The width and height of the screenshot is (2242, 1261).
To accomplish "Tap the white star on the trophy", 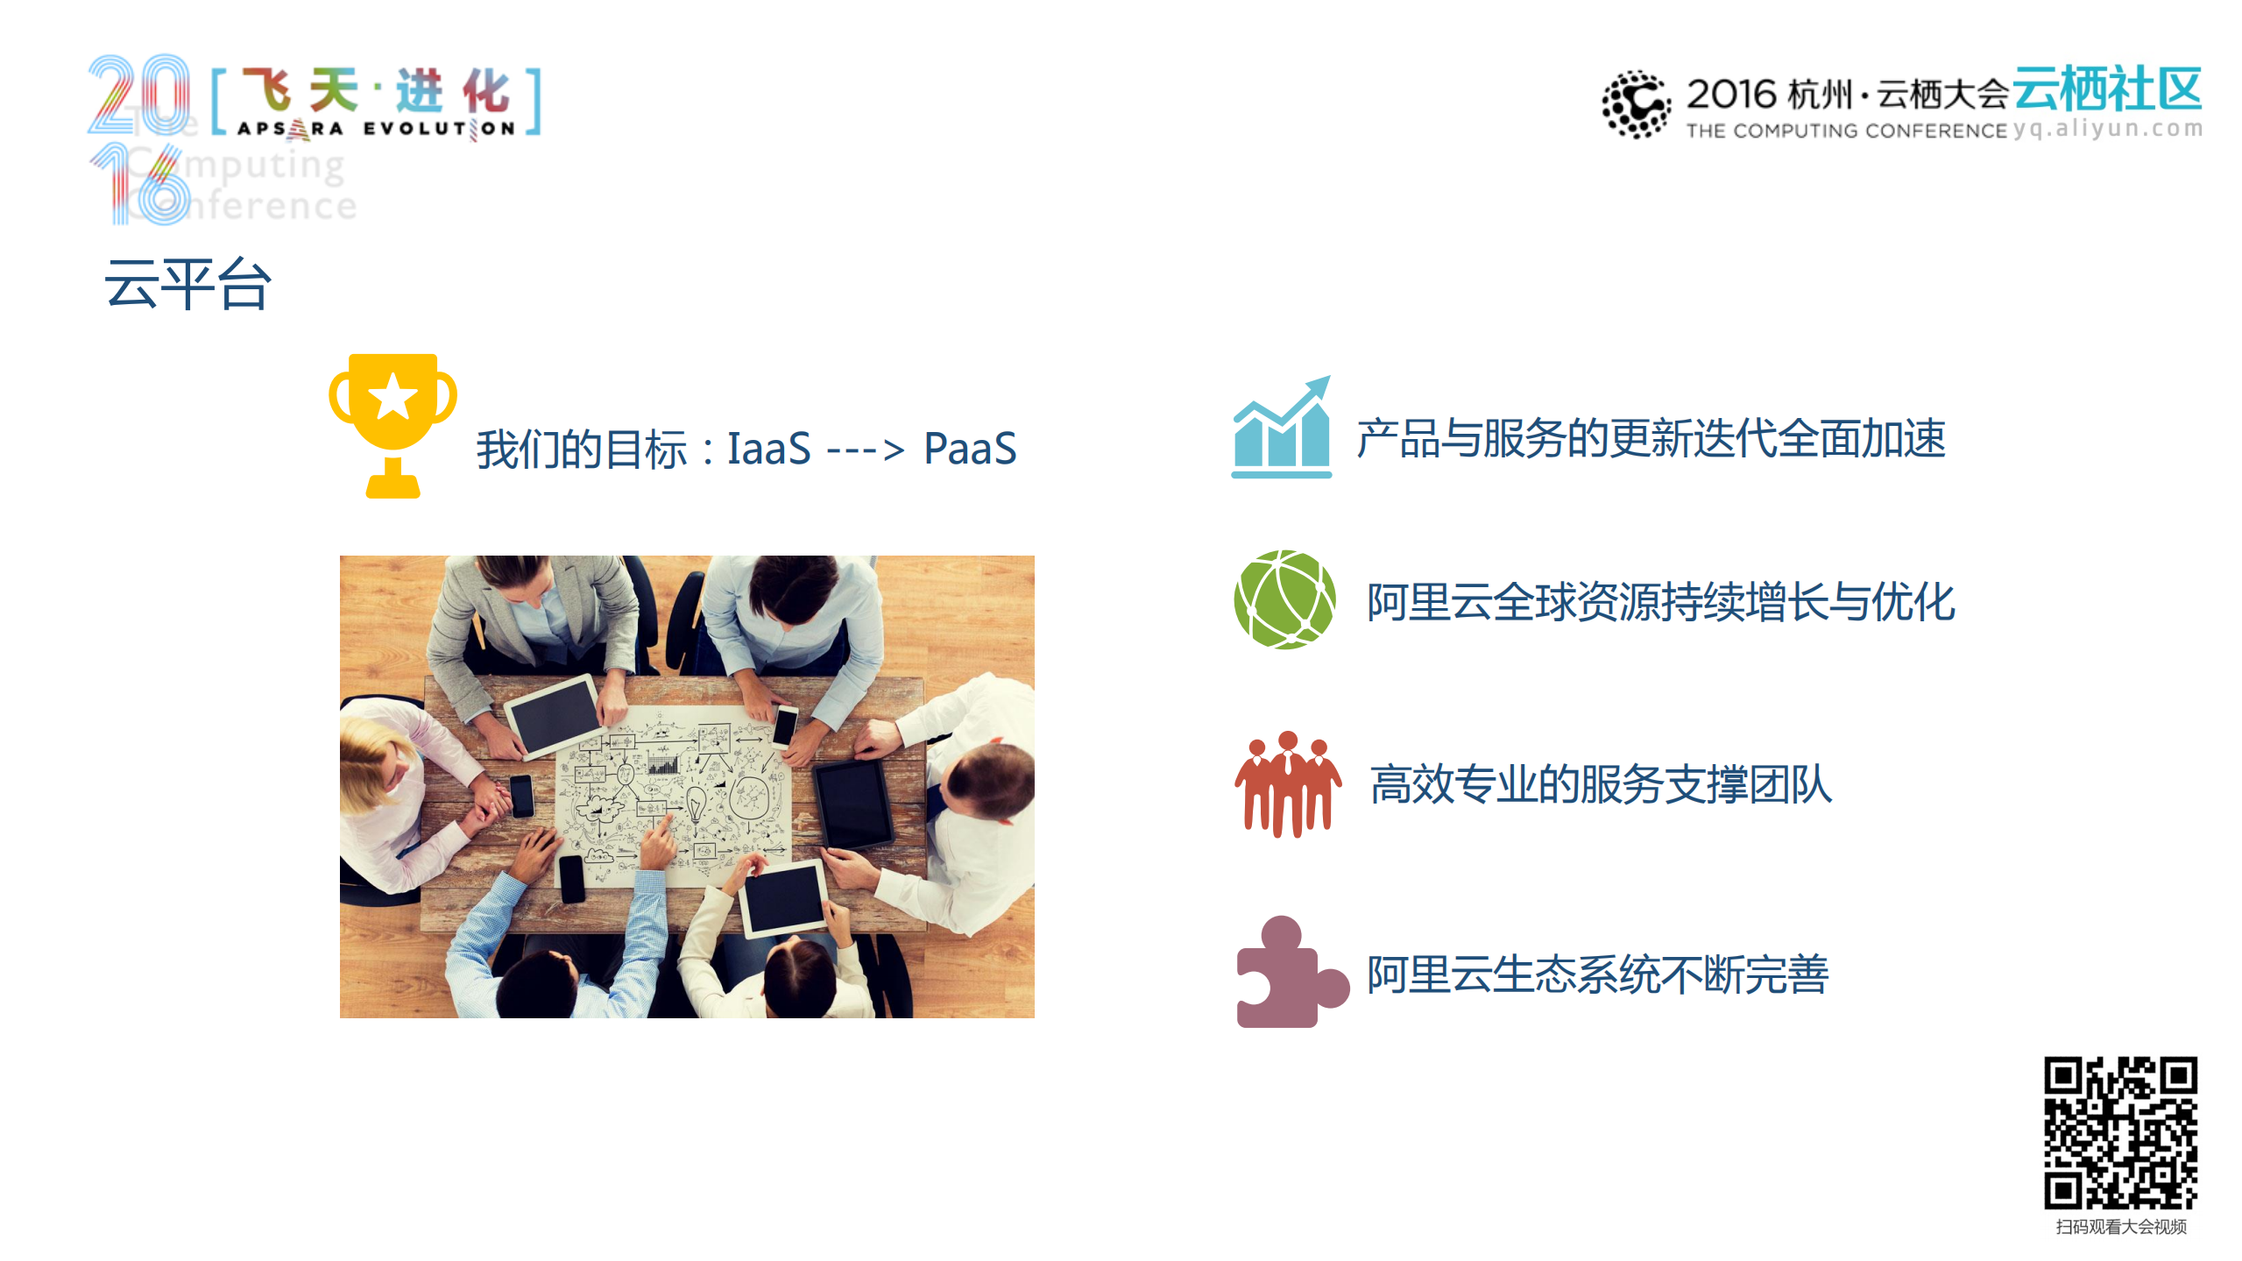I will (393, 397).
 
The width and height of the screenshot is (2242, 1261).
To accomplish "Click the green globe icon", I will (1284, 600).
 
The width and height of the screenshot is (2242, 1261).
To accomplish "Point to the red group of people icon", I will (1287, 784).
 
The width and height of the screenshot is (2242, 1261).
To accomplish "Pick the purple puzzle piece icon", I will (1288, 974).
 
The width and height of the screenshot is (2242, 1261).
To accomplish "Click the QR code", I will (2120, 1133).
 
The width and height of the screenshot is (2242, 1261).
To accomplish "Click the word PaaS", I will (970, 449).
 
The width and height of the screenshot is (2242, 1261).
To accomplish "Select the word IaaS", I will (768, 449).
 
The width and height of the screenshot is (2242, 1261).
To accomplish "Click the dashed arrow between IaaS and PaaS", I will (866, 450).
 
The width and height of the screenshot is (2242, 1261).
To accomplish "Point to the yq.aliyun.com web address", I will (2107, 129).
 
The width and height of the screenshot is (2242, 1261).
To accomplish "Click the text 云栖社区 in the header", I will (2107, 89).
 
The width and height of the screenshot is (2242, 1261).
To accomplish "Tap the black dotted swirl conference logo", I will (1635, 104).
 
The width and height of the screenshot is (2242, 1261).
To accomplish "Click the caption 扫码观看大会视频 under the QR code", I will (2120, 1227).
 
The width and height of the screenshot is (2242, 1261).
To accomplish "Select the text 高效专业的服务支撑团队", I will (1601, 784).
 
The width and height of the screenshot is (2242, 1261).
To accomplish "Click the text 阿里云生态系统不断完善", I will (1597, 974).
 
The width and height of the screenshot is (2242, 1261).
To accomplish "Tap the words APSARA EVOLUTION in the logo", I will (376, 129).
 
